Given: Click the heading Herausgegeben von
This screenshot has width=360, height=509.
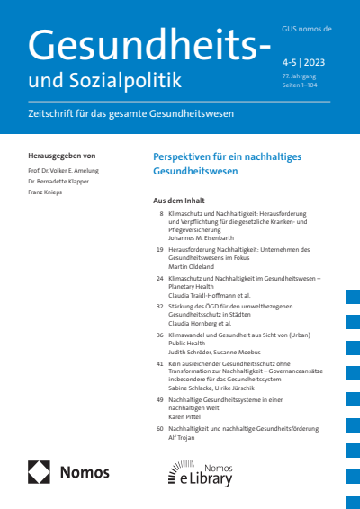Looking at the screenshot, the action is tap(62, 156).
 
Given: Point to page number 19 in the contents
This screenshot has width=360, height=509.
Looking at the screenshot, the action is tap(159, 247).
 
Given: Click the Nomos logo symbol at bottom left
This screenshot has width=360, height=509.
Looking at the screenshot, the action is tap(40, 472).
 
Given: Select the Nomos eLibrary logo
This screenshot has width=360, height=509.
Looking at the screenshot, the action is tap(201, 473).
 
